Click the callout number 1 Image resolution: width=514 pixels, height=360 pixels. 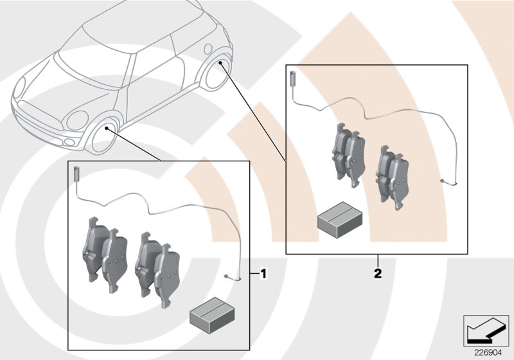[x=263, y=274]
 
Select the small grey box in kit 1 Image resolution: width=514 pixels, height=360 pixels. [x=209, y=316]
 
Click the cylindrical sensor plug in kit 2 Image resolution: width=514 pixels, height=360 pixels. [x=293, y=77]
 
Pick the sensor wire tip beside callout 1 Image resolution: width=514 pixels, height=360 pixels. [x=232, y=277]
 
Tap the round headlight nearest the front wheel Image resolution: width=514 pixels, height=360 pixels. [x=77, y=120]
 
